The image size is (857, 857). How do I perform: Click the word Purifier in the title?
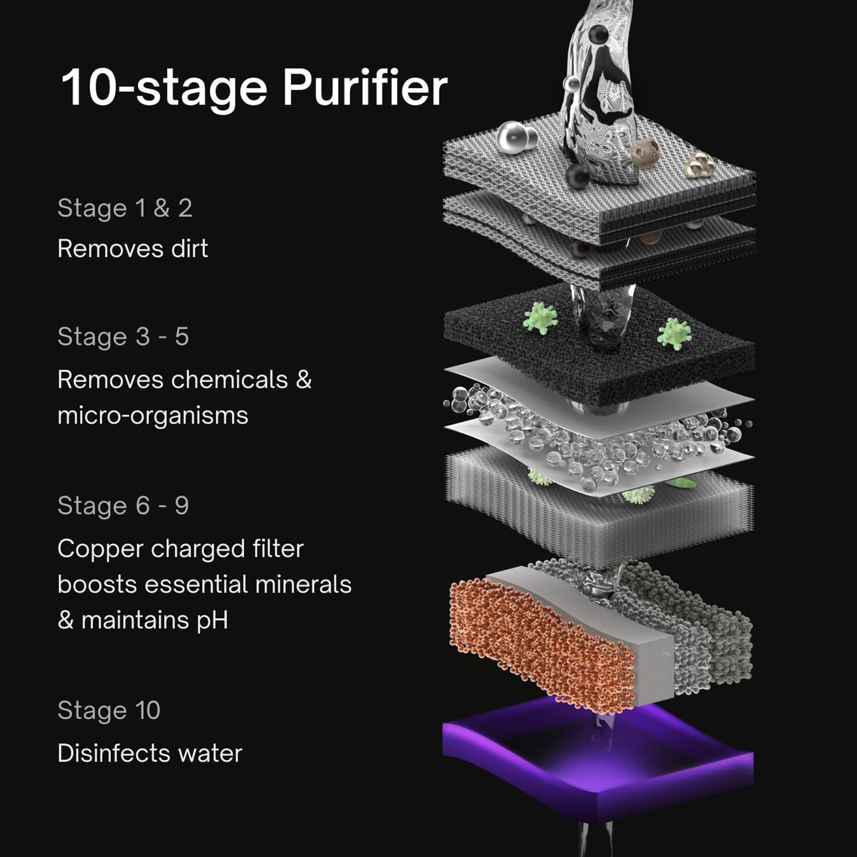coord(364,87)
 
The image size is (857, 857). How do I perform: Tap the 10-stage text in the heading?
coord(164,87)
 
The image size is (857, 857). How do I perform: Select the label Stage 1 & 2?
coord(125,208)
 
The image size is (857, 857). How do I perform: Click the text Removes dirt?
coord(132,249)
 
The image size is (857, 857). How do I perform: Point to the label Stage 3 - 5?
coord(123,337)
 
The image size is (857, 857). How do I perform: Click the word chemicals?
coord(230,380)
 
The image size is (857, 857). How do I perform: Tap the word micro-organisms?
coord(153,416)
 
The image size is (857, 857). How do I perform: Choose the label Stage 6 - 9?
coord(123,506)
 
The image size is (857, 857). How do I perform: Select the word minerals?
coord(303,584)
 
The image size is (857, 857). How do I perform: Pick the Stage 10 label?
coord(109,711)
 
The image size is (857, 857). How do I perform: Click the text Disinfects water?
coord(149,753)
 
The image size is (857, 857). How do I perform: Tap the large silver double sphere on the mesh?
coord(515,138)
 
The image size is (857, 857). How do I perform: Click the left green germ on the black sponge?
coord(540,318)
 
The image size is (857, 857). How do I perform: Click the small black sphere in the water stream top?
coord(598,35)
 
